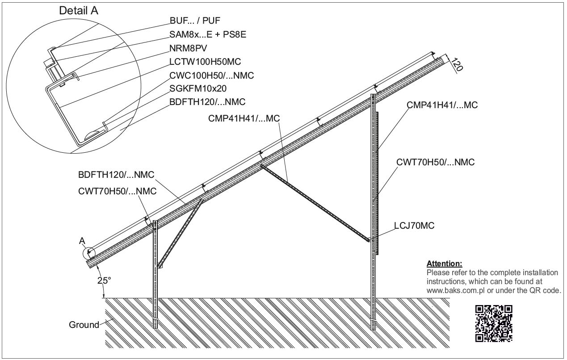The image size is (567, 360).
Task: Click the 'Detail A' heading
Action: [79, 11]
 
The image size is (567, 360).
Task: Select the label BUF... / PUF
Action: [195, 21]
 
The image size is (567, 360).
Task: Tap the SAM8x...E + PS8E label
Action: [208, 34]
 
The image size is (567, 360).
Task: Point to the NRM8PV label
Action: [188, 48]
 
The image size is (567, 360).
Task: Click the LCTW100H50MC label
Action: [205, 62]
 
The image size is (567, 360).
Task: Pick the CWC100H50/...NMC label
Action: [212, 75]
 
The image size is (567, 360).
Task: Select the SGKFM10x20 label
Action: [198, 88]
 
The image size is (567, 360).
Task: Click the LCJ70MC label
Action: [414, 226]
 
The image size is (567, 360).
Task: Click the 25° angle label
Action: [104, 280]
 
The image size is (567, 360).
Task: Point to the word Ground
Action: [84, 325]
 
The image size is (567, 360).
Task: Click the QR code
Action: [494, 323]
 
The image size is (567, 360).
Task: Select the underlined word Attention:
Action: [444, 264]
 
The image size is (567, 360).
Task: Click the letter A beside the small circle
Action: [82, 241]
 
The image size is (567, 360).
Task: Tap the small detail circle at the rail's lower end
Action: [88, 253]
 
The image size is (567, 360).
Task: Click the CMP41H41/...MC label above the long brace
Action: [244, 118]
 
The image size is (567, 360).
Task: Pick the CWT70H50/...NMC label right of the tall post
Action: [435, 162]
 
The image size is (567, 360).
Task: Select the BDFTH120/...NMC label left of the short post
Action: [116, 175]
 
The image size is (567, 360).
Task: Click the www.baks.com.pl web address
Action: [456, 290]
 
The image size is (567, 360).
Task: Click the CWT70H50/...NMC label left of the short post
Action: [117, 191]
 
